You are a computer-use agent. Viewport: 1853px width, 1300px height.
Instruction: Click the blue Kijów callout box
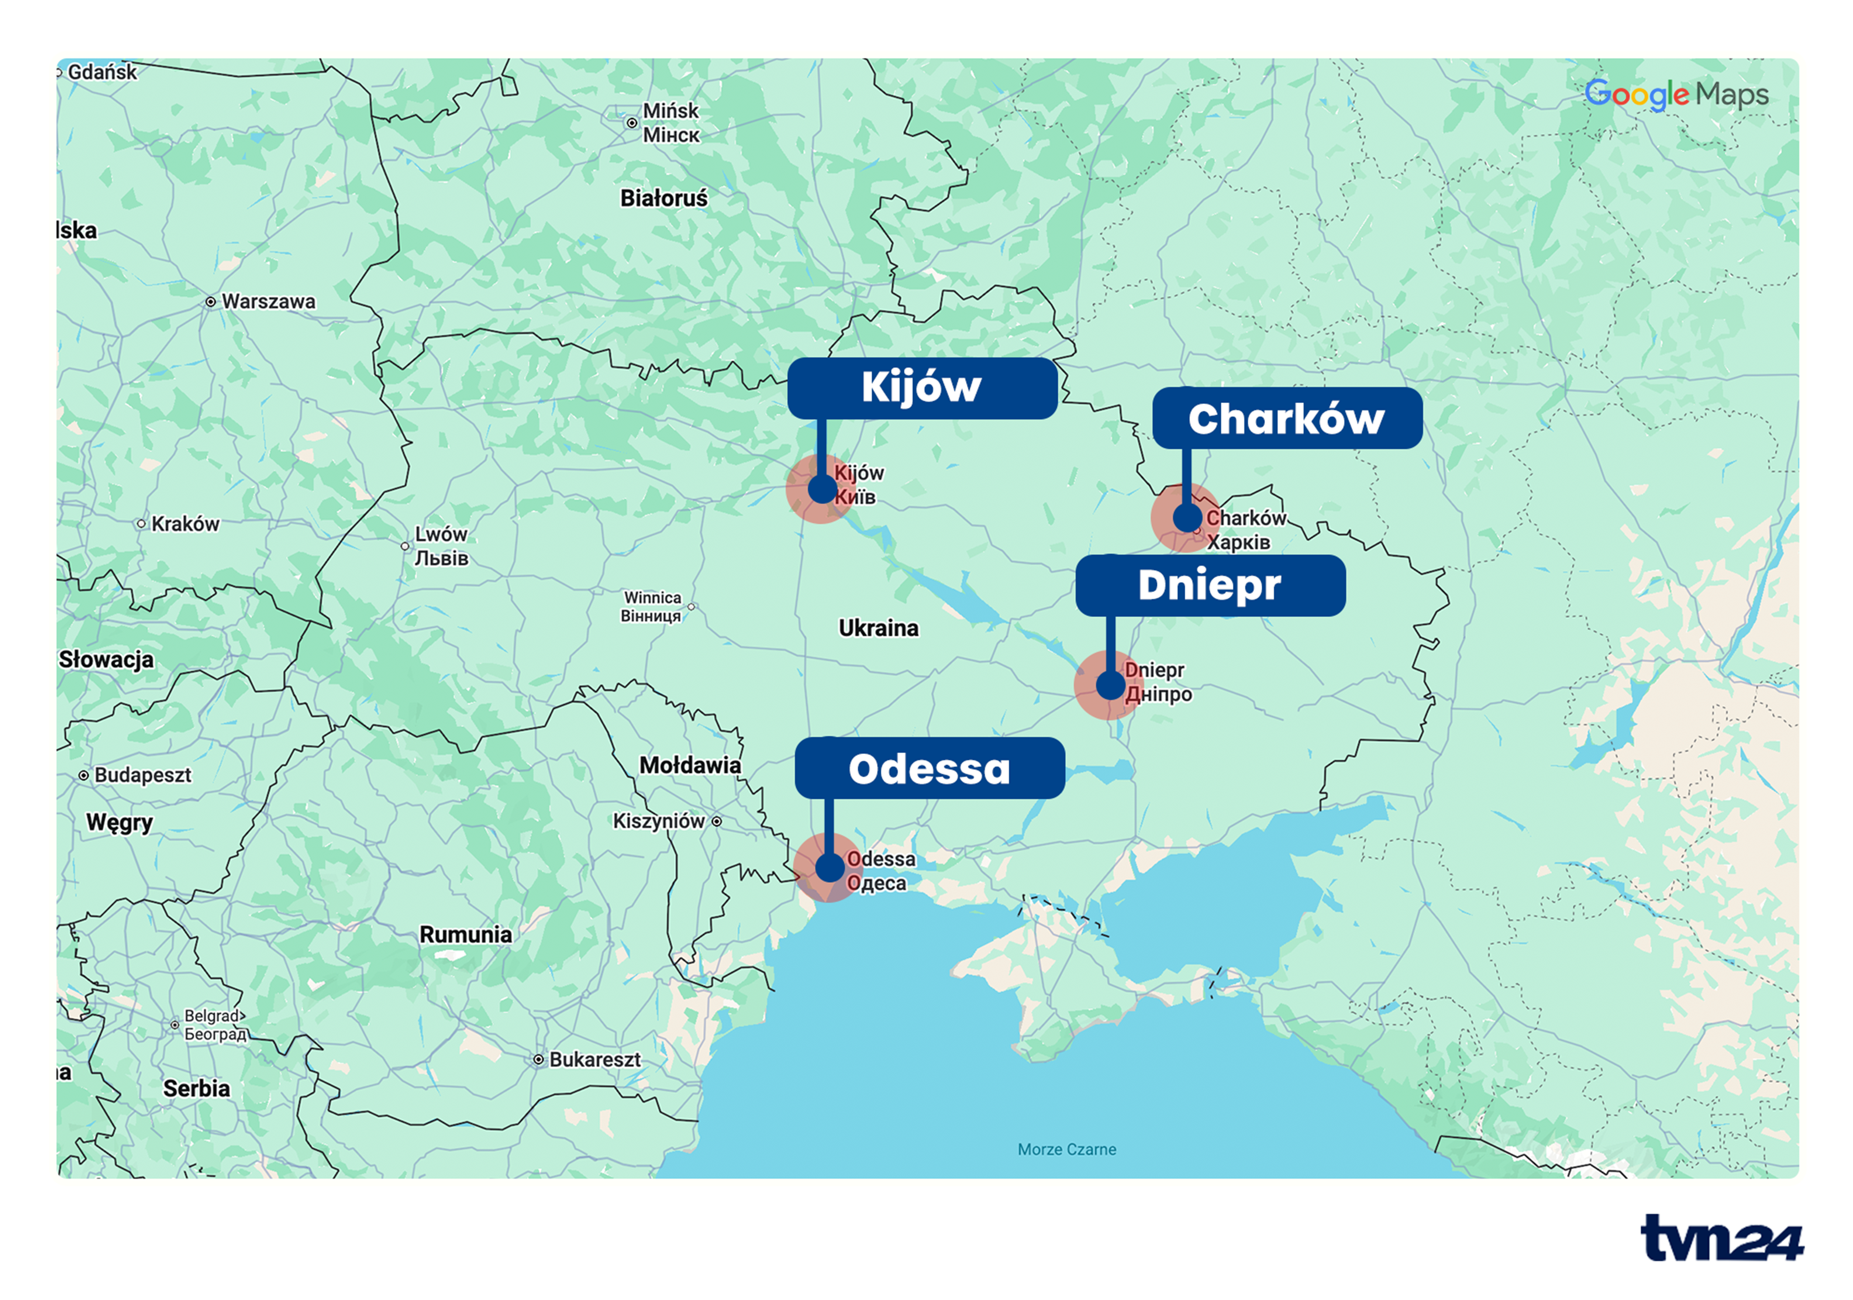(922, 388)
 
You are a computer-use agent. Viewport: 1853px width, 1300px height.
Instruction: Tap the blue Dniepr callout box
(1210, 585)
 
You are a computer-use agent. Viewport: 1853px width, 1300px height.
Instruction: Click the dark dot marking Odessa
(829, 867)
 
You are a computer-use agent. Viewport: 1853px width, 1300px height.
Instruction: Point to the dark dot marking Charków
(1186, 517)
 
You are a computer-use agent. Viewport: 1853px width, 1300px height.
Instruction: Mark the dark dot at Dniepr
(1110, 686)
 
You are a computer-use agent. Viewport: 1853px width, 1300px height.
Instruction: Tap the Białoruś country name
(663, 198)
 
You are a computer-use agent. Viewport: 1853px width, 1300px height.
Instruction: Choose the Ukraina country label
(878, 628)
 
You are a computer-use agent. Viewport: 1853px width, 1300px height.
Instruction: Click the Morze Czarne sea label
(1066, 1149)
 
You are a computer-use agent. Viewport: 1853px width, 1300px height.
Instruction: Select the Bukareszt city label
(594, 1059)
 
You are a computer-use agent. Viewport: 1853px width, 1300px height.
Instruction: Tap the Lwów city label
(441, 535)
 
